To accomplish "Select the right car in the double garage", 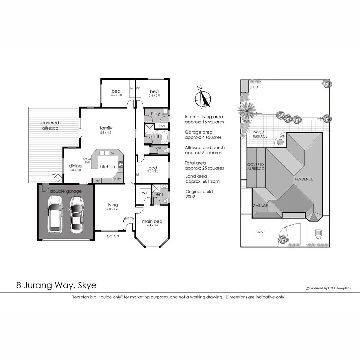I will click(x=76, y=215).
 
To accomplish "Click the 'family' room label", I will click(x=106, y=128).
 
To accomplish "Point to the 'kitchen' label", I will click(x=107, y=167).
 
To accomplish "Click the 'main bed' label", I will click(x=152, y=221).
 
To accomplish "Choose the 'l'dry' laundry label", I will click(x=156, y=114).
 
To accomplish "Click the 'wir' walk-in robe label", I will click(x=145, y=193).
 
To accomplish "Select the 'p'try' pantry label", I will click(x=117, y=179).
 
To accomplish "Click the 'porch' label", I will click(x=113, y=236).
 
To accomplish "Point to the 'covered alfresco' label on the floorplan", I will click(x=50, y=125).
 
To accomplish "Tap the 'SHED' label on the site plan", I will click(x=254, y=87).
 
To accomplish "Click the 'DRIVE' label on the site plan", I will click(x=260, y=232).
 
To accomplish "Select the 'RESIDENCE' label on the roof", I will click(x=304, y=179).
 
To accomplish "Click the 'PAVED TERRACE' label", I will click(x=260, y=134).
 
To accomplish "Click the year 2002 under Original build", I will click(x=190, y=197).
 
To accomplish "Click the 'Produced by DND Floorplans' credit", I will click(x=328, y=288).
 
